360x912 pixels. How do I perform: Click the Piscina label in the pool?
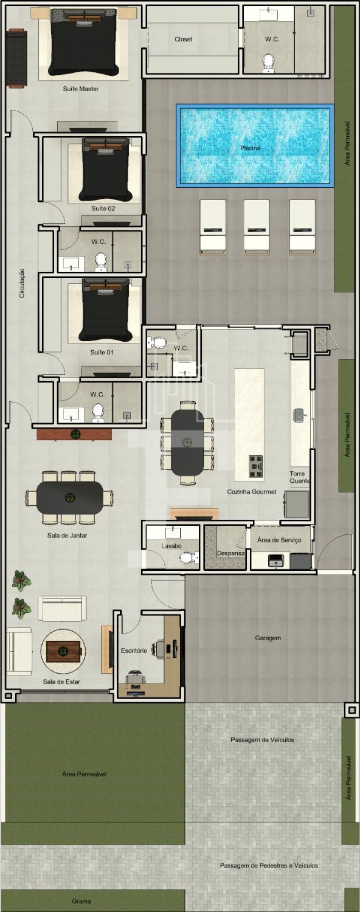pyautogui.click(x=250, y=148)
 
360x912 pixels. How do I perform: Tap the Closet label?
pyautogui.click(x=183, y=40)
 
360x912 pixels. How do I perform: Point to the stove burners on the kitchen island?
pyautogui.click(x=256, y=466)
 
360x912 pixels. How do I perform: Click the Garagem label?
pyautogui.click(x=268, y=638)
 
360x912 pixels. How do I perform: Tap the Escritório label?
pyautogui.click(x=134, y=651)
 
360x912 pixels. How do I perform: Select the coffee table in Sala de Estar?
pyautogui.click(x=63, y=651)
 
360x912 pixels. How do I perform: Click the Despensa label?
pyautogui.click(x=230, y=553)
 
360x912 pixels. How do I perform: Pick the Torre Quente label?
pyautogui.click(x=300, y=477)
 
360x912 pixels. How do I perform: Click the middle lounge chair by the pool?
pyautogui.click(x=257, y=227)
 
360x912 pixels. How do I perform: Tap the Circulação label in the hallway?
pyautogui.click(x=22, y=283)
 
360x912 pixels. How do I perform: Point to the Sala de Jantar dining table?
pyautogui.click(x=70, y=497)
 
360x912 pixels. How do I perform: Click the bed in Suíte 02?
pyautogui.click(x=105, y=170)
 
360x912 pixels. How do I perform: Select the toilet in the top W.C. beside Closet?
pyautogui.click(x=268, y=63)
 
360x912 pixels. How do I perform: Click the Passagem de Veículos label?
pyautogui.click(x=262, y=739)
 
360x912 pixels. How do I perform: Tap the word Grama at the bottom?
pyautogui.click(x=81, y=901)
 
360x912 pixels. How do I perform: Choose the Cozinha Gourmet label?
pyautogui.click(x=252, y=492)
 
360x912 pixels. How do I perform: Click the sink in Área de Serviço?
pyautogui.click(x=275, y=561)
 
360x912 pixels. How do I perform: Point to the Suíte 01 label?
pyautogui.click(x=102, y=352)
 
